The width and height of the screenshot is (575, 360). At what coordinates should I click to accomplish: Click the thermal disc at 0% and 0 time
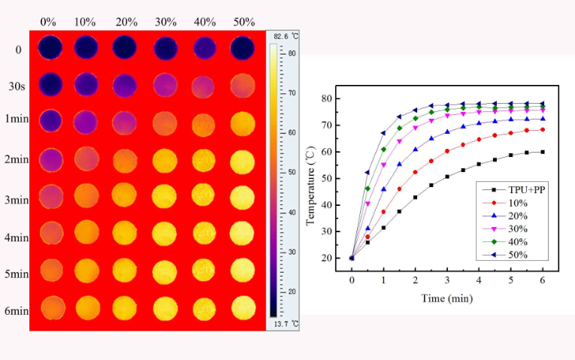pyautogui.click(x=50, y=47)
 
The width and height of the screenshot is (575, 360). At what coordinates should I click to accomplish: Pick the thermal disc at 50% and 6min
pyautogui.click(x=242, y=308)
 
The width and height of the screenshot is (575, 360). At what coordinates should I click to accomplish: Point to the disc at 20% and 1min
pyautogui.click(x=127, y=122)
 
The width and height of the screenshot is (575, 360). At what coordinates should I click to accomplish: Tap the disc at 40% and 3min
pyautogui.click(x=204, y=195)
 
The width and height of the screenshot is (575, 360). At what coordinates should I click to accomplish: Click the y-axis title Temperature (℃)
pyautogui.click(x=310, y=178)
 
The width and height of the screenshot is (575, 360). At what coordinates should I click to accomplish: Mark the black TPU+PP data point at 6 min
pyautogui.click(x=543, y=152)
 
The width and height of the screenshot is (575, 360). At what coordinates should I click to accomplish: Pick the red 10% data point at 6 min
pyautogui.click(x=543, y=129)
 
